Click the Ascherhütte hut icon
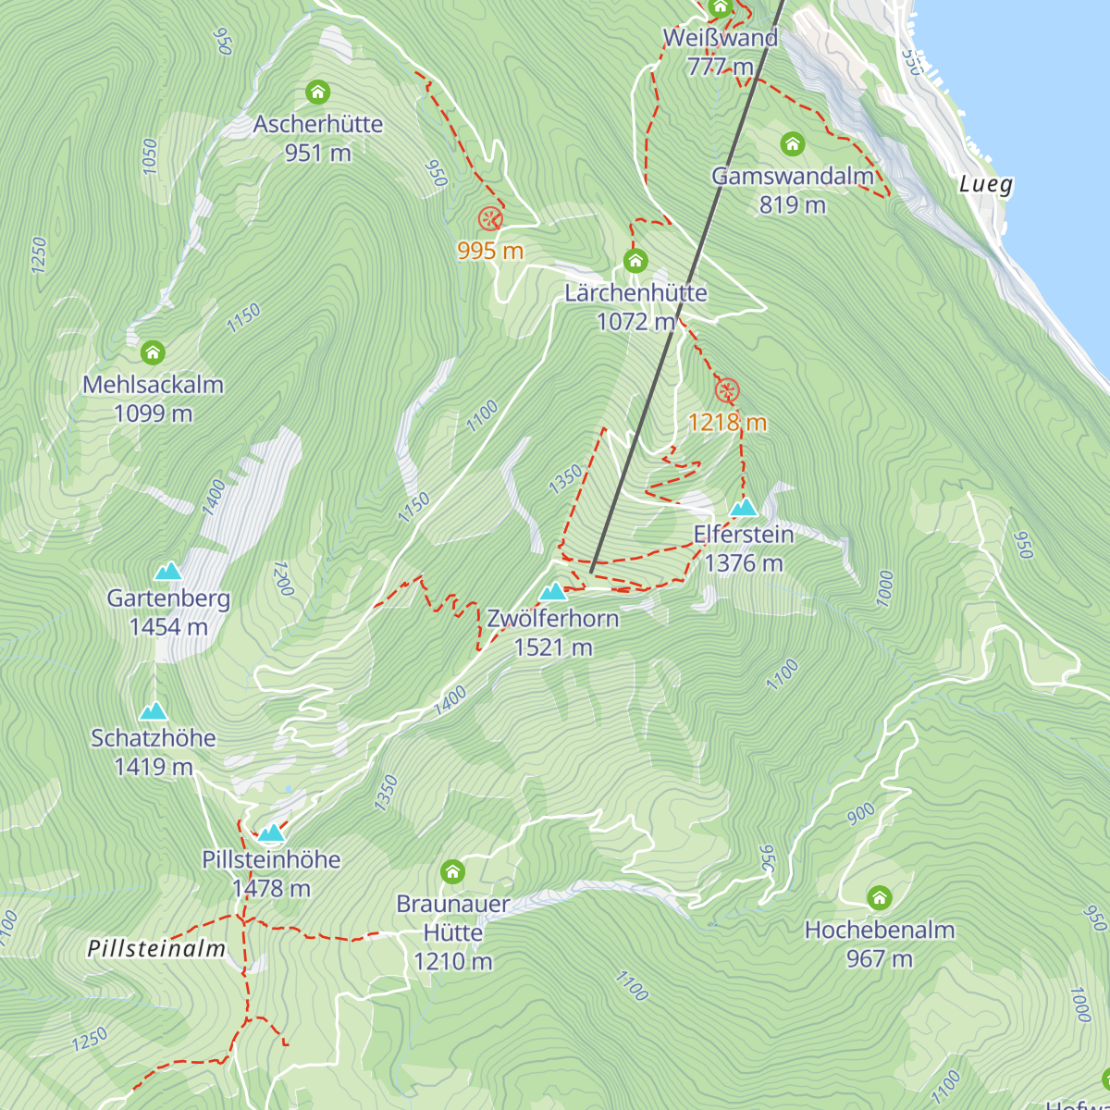(x=317, y=92)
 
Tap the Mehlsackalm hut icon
(x=153, y=352)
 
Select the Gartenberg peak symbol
(x=167, y=571)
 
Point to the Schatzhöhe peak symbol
(x=154, y=710)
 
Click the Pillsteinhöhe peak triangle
(x=271, y=832)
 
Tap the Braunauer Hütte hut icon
(x=452, y=871)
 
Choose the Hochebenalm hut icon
(x=879, y=897)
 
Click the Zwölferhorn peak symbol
(x=553, y=591)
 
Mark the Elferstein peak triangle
(x=744, y=507)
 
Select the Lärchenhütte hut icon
(x=635, y=260)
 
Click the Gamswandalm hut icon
(x=792, y=143)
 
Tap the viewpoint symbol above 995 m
(x=490, y=219)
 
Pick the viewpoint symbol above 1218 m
(x=727, y=390)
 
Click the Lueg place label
(x=986, y=184)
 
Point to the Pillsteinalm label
(x=156, y=948)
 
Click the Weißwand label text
(x=721, y=38)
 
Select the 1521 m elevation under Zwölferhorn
(x=553, y=647)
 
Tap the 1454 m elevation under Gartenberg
(x=168, y=627)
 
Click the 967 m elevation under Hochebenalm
(x=879, y=959)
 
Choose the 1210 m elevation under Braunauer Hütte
(x=452, y=962)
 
